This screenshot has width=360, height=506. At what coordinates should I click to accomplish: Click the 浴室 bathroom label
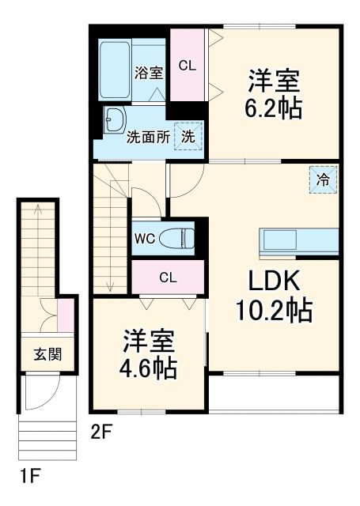149,74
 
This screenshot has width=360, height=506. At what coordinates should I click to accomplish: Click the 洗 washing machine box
188,135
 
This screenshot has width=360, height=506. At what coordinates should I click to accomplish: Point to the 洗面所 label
149,136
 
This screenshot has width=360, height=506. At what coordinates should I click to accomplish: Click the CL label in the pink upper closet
187,66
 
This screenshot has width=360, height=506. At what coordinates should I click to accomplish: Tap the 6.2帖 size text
273,108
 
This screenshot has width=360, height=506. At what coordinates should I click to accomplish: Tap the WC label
143,237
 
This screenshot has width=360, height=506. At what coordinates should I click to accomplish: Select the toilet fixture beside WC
176,237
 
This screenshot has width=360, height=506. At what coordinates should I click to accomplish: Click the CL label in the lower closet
168,278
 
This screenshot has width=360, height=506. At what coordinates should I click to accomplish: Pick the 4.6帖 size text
149,367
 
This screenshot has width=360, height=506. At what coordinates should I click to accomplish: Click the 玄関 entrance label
45,353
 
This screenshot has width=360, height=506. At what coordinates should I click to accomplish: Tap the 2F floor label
100,432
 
